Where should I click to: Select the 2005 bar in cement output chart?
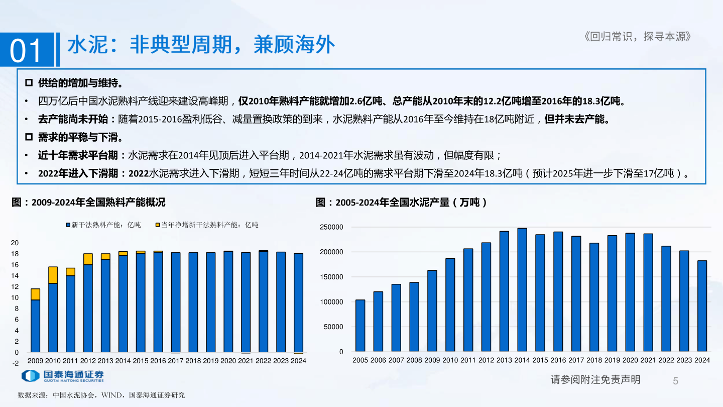(360, 326)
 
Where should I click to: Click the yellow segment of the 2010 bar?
(53, 275)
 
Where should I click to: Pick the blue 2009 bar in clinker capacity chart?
(35, 326)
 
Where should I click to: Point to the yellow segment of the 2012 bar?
(88, 259)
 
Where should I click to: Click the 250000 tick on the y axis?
(331, 227)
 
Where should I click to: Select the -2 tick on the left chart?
(16, 363)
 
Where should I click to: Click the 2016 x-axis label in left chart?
(158, 361)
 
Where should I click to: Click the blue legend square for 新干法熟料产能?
(68, 225)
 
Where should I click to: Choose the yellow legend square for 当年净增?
(157, 225)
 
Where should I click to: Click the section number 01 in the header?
(26, 50)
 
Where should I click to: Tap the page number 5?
(675, 381)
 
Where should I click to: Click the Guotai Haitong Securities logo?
(62, 376)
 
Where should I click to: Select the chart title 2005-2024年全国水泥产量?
(401, 202)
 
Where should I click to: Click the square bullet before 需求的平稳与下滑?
(28, 137)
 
